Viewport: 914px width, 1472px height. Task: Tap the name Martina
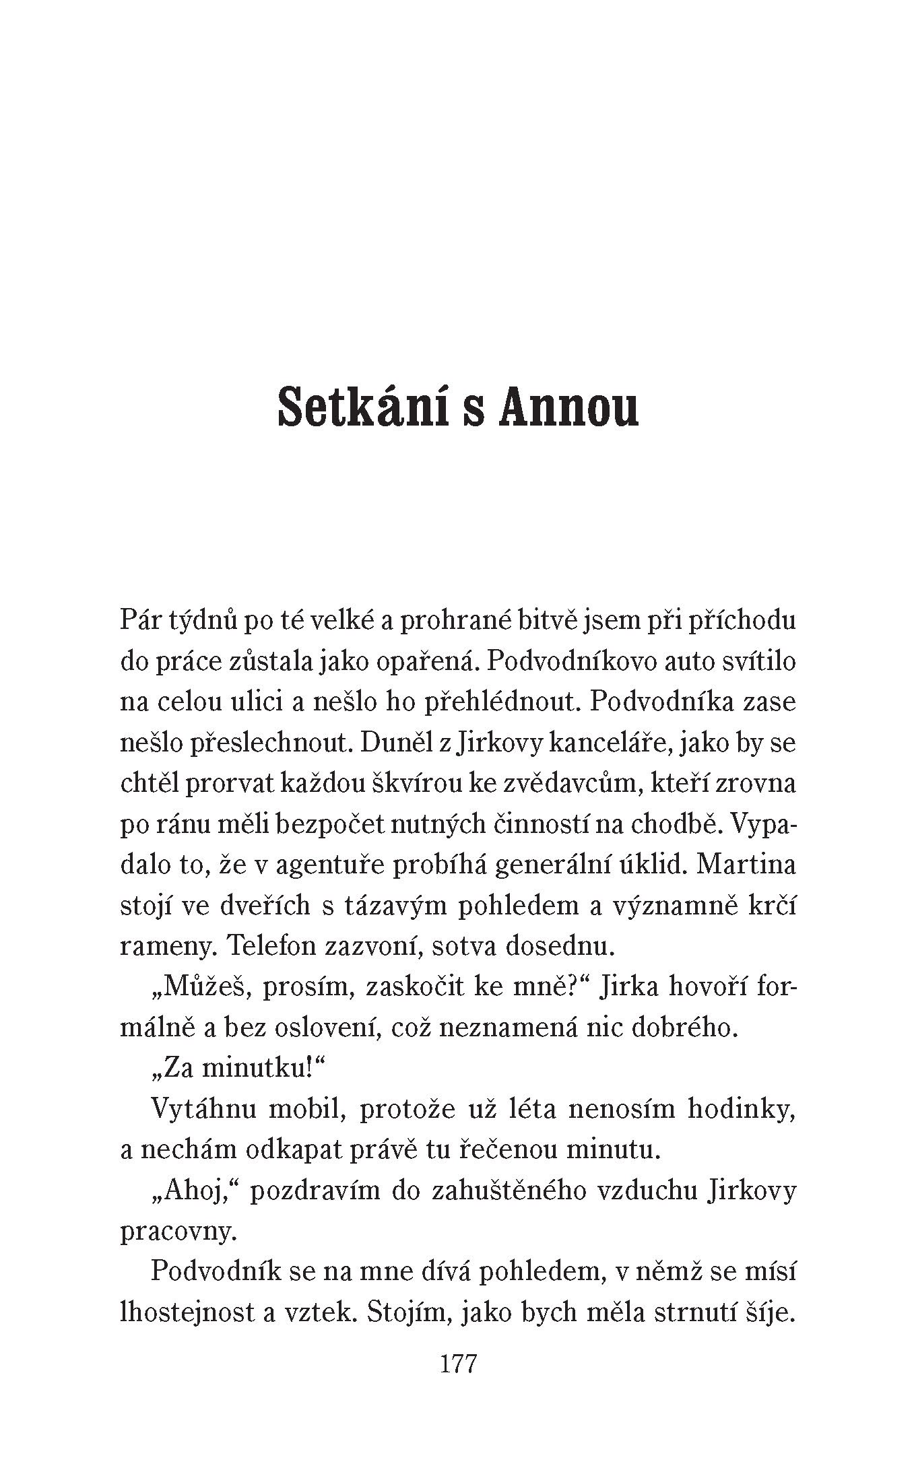point(747,865)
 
